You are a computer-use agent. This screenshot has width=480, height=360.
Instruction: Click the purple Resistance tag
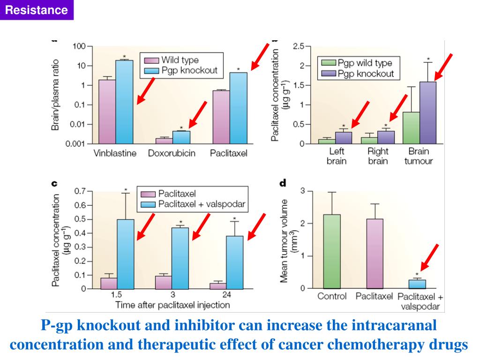click(37, 10)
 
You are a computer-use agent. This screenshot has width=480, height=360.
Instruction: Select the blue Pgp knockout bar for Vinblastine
click(124, 101)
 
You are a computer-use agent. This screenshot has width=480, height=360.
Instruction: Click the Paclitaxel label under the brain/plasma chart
click(228, 153)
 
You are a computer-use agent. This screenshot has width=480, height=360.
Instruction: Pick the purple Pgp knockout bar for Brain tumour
click(428, 112)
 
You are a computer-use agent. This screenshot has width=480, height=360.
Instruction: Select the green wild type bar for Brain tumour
click(411, 127)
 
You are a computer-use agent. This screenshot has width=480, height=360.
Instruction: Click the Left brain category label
click(337, 156)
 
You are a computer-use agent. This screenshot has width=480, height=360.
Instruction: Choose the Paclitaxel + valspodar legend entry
click(201, 204)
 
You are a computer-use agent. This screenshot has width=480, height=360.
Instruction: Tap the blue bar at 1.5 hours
click(126, 254)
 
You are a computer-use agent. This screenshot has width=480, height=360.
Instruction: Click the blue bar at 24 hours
click(234, 262)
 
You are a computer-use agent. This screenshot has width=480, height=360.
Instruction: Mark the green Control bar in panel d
click(331, 251)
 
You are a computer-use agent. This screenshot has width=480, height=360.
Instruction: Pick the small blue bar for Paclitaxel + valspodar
click(417, 284)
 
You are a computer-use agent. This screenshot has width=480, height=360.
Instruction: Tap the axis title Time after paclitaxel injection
click(172, 306)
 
